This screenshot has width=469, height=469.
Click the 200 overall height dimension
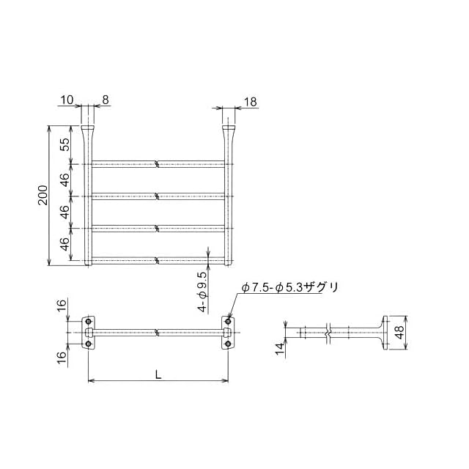point(43,195)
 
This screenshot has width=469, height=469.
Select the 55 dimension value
point(65,144)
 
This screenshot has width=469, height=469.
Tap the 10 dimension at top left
point(67,100)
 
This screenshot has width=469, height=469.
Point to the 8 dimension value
point(106,100)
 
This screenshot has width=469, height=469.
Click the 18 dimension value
point(251,102)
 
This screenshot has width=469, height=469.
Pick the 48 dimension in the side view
point(399,332)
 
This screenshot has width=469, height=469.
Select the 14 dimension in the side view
point(279,349)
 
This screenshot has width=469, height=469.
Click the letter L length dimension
point(158,374)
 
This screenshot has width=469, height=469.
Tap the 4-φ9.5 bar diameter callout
point(203,292)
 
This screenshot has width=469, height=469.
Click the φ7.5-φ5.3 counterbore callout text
point(290,288)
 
